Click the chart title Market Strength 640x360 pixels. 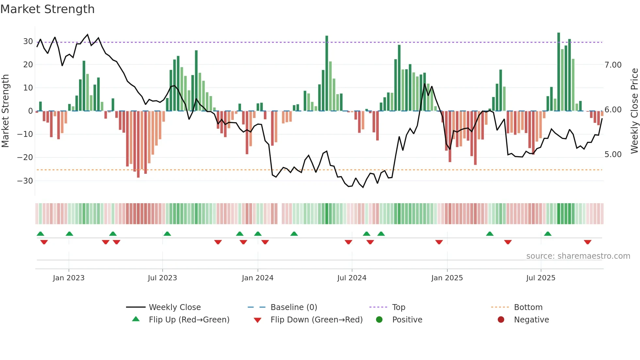pyautogui.click(x=47, y=9)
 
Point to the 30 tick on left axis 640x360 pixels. pyautogui.click(x=28, y=41)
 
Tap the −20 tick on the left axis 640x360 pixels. pyautogui.click(x=25, y=157)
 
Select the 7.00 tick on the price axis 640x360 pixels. pyautogui.click(x=613, y=65)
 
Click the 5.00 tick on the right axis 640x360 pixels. pyautogui.click(x=613, y=155)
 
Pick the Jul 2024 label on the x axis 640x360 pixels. pyautogui.click(x=352, y=278)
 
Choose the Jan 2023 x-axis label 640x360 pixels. pyautogui.click(x=69, y=278)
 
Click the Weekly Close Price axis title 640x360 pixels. pyautogui.click(x=634, y=111)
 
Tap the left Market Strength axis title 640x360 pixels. pyautogui.click(x=6, y=111)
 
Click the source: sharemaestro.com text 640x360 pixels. pyautogui.click(x=578, y=256)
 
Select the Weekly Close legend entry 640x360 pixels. pyautogui.click(x=174, y=307)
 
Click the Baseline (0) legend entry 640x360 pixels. pyautogui.click(x=294, y=307)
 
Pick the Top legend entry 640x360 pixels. pyautogui.click(x=398, y=307)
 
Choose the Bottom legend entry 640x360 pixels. pyautogui.click(x=528, y=307)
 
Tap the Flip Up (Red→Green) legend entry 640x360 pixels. pyautogui.click(x=189, y=320)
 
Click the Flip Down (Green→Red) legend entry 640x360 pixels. pyautogui.click(x=316, y=320)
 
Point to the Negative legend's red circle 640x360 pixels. pyautogui.click(x=501, y=319)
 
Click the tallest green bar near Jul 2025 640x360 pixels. pyautogui.click(x=559, y=72)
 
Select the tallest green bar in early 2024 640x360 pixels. pyautogui.click(x=327, y=74)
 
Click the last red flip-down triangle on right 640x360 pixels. pyautogui.click(x=587, y=242)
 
